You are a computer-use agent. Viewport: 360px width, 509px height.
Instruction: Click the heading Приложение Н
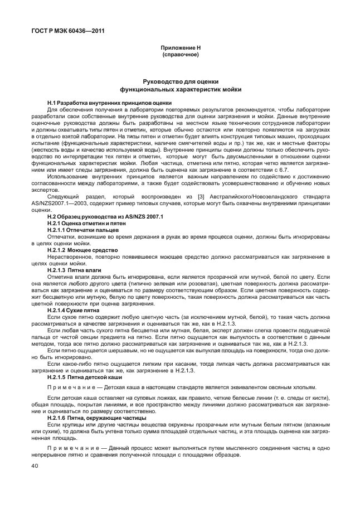click(179, 49)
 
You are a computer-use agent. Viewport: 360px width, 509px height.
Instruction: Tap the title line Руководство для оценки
click(179, 83)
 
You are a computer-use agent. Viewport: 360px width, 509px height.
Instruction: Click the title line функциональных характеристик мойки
click(179, 89)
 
